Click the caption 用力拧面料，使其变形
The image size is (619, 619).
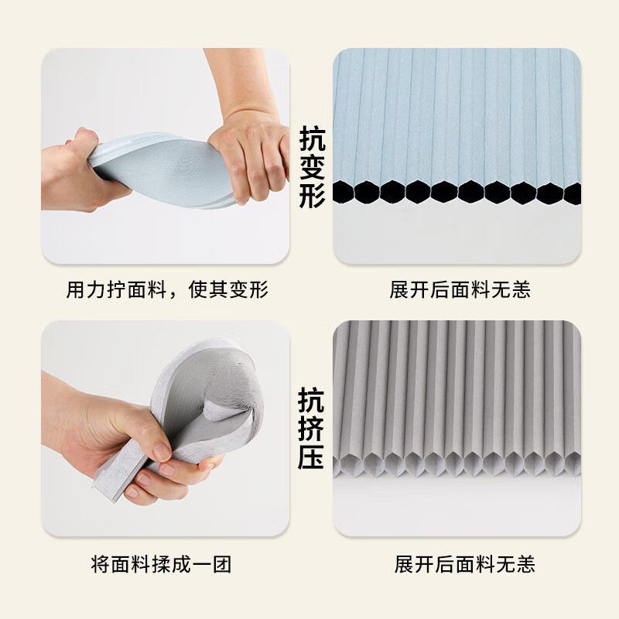point(166,290)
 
